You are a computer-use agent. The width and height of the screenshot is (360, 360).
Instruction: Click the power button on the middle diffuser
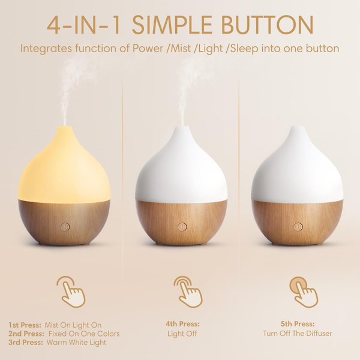[182, 227]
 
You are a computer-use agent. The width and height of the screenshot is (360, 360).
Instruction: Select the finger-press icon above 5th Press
[303, 291]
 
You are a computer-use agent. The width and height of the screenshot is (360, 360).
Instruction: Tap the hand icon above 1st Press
[71, 291]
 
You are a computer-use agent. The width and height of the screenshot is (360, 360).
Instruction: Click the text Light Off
[182, 334]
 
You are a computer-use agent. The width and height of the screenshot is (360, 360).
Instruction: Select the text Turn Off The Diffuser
[297, 334]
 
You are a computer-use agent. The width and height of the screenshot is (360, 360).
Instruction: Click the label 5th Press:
[297, 324]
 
